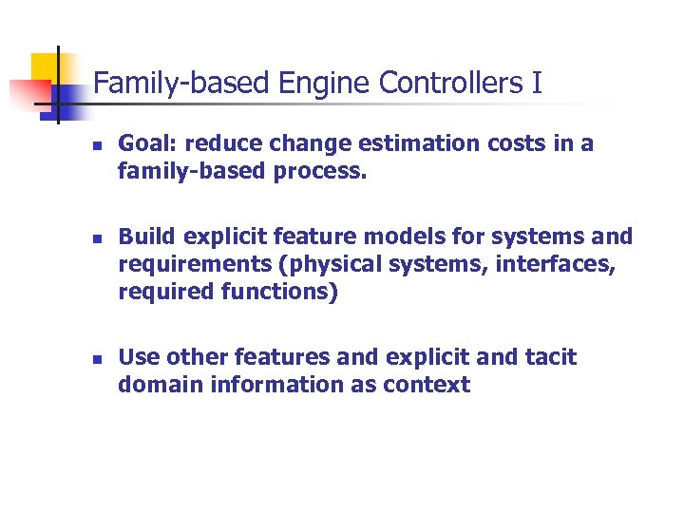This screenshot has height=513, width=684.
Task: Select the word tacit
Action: (x=548, y=357)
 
